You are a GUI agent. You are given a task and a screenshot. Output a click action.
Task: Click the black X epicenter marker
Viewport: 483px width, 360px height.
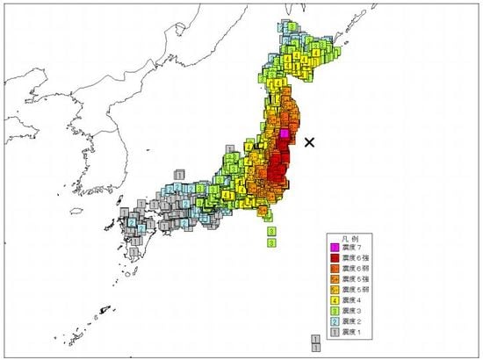(x=309, y=140)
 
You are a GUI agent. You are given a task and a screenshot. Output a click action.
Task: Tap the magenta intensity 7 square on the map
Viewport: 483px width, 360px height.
(x=285, y=133)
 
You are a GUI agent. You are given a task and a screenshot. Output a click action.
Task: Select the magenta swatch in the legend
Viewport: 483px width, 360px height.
(x=332, y=250)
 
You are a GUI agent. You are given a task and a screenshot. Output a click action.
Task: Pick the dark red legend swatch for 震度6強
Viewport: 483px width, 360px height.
(x=332, y=261)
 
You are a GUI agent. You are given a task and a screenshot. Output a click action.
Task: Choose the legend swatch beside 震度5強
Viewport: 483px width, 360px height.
(x=332, y=282)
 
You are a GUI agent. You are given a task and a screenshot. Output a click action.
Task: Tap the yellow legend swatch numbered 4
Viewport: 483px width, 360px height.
(x=332, y=303)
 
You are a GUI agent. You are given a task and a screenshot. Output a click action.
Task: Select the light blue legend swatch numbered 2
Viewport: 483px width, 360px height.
(x=332, y=323)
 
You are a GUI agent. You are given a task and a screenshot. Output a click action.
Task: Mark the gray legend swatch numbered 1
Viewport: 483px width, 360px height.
(x=332, y=334)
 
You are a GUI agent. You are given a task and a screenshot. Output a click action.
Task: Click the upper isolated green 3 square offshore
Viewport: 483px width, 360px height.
(x=271, y=231)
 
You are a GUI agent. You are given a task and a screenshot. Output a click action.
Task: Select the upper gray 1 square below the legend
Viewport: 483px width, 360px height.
(x=315, y=338)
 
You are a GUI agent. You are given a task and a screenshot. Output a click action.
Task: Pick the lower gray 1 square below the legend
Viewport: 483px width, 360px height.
(x=315, y=348)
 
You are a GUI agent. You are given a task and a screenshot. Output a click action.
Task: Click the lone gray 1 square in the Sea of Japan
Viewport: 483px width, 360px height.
(x=179, y=174)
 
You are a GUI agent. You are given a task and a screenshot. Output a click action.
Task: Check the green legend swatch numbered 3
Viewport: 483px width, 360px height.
(x=332, y=313)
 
